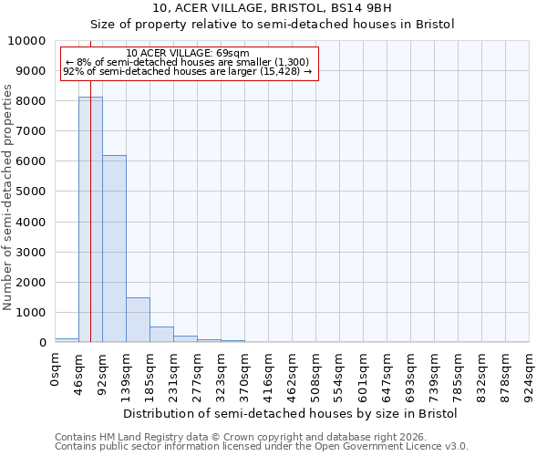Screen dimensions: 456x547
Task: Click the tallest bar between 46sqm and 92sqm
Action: coord(90,219)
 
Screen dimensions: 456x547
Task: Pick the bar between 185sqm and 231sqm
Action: coord(161,334)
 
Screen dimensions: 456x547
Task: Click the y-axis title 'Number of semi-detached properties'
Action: coord(9,197)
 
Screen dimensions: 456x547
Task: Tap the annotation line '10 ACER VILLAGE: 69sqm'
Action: coord(187,53)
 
